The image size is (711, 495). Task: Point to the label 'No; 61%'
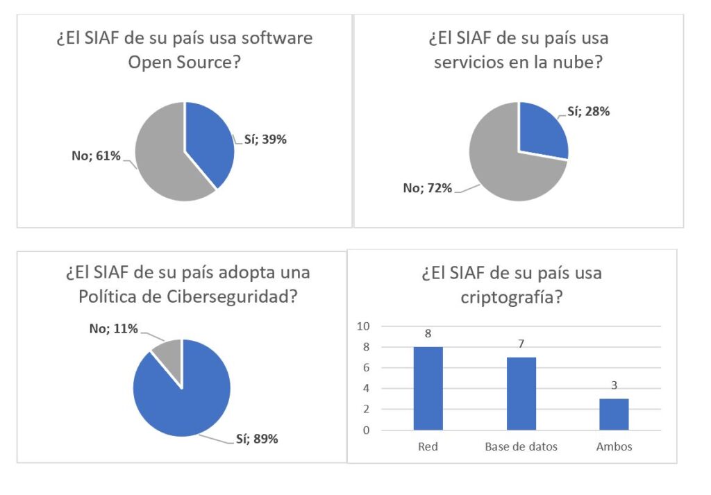pyautogui.click(x=97, y=156)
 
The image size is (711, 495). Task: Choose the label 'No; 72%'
pyautogui.click(x=428, y=187)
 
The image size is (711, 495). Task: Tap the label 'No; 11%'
pyautogui.click(x=114, y=328)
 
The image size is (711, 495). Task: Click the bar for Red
pyautogui.click(x=428, y=388)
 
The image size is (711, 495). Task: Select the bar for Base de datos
pyautogui.click(x=521, y=394)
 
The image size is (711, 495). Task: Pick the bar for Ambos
pyautogui.click(x=614, y=414)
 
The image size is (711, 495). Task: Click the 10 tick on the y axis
pyautogui.click(x=363, y=326)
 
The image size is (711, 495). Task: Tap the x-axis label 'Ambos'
pyautogui.click(x=614, y=446)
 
